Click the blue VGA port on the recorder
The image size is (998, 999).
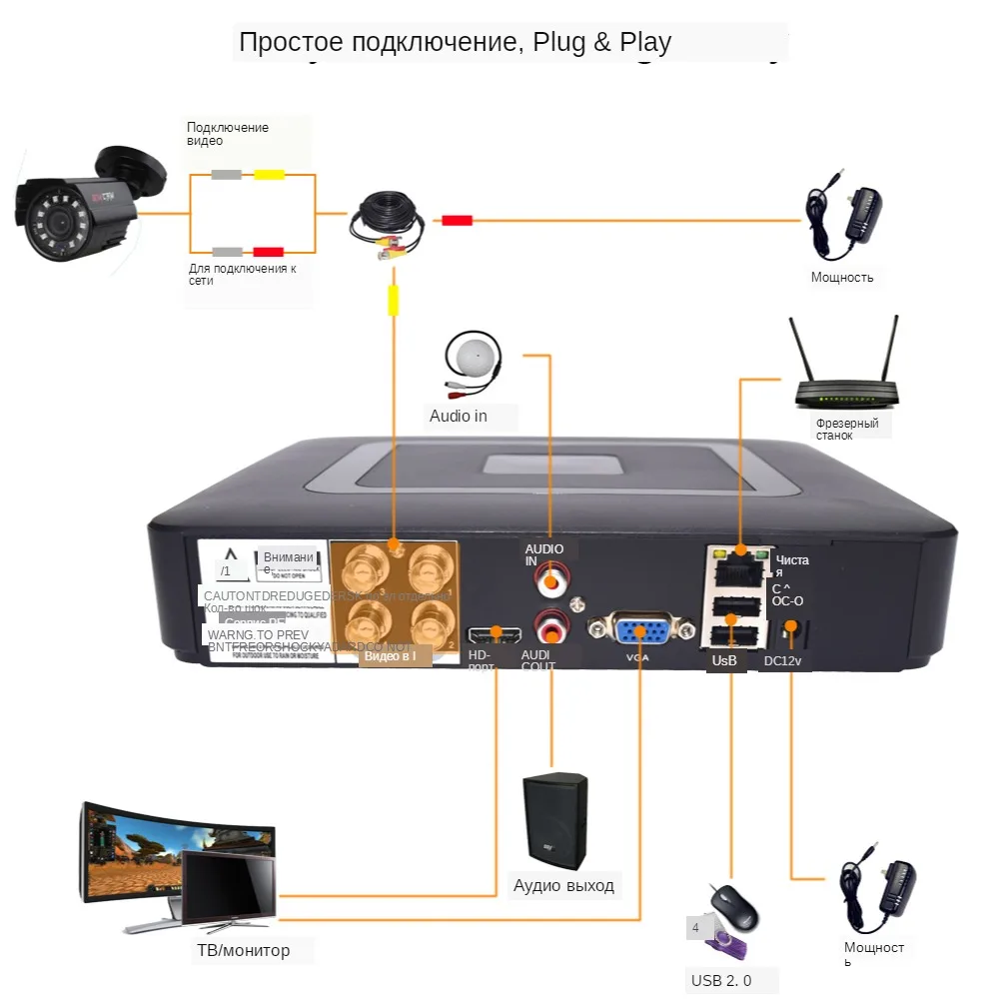click(640, 632)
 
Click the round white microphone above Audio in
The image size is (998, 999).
click(472, 359)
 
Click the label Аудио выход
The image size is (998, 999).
click(563, 886)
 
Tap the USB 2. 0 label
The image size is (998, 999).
click(721, 981)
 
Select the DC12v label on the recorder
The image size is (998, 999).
click(782, 661)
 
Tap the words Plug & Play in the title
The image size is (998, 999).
click(602, 43)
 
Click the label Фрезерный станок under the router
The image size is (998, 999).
click(846, 429)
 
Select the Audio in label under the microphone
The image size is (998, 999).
click(459, 416)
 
